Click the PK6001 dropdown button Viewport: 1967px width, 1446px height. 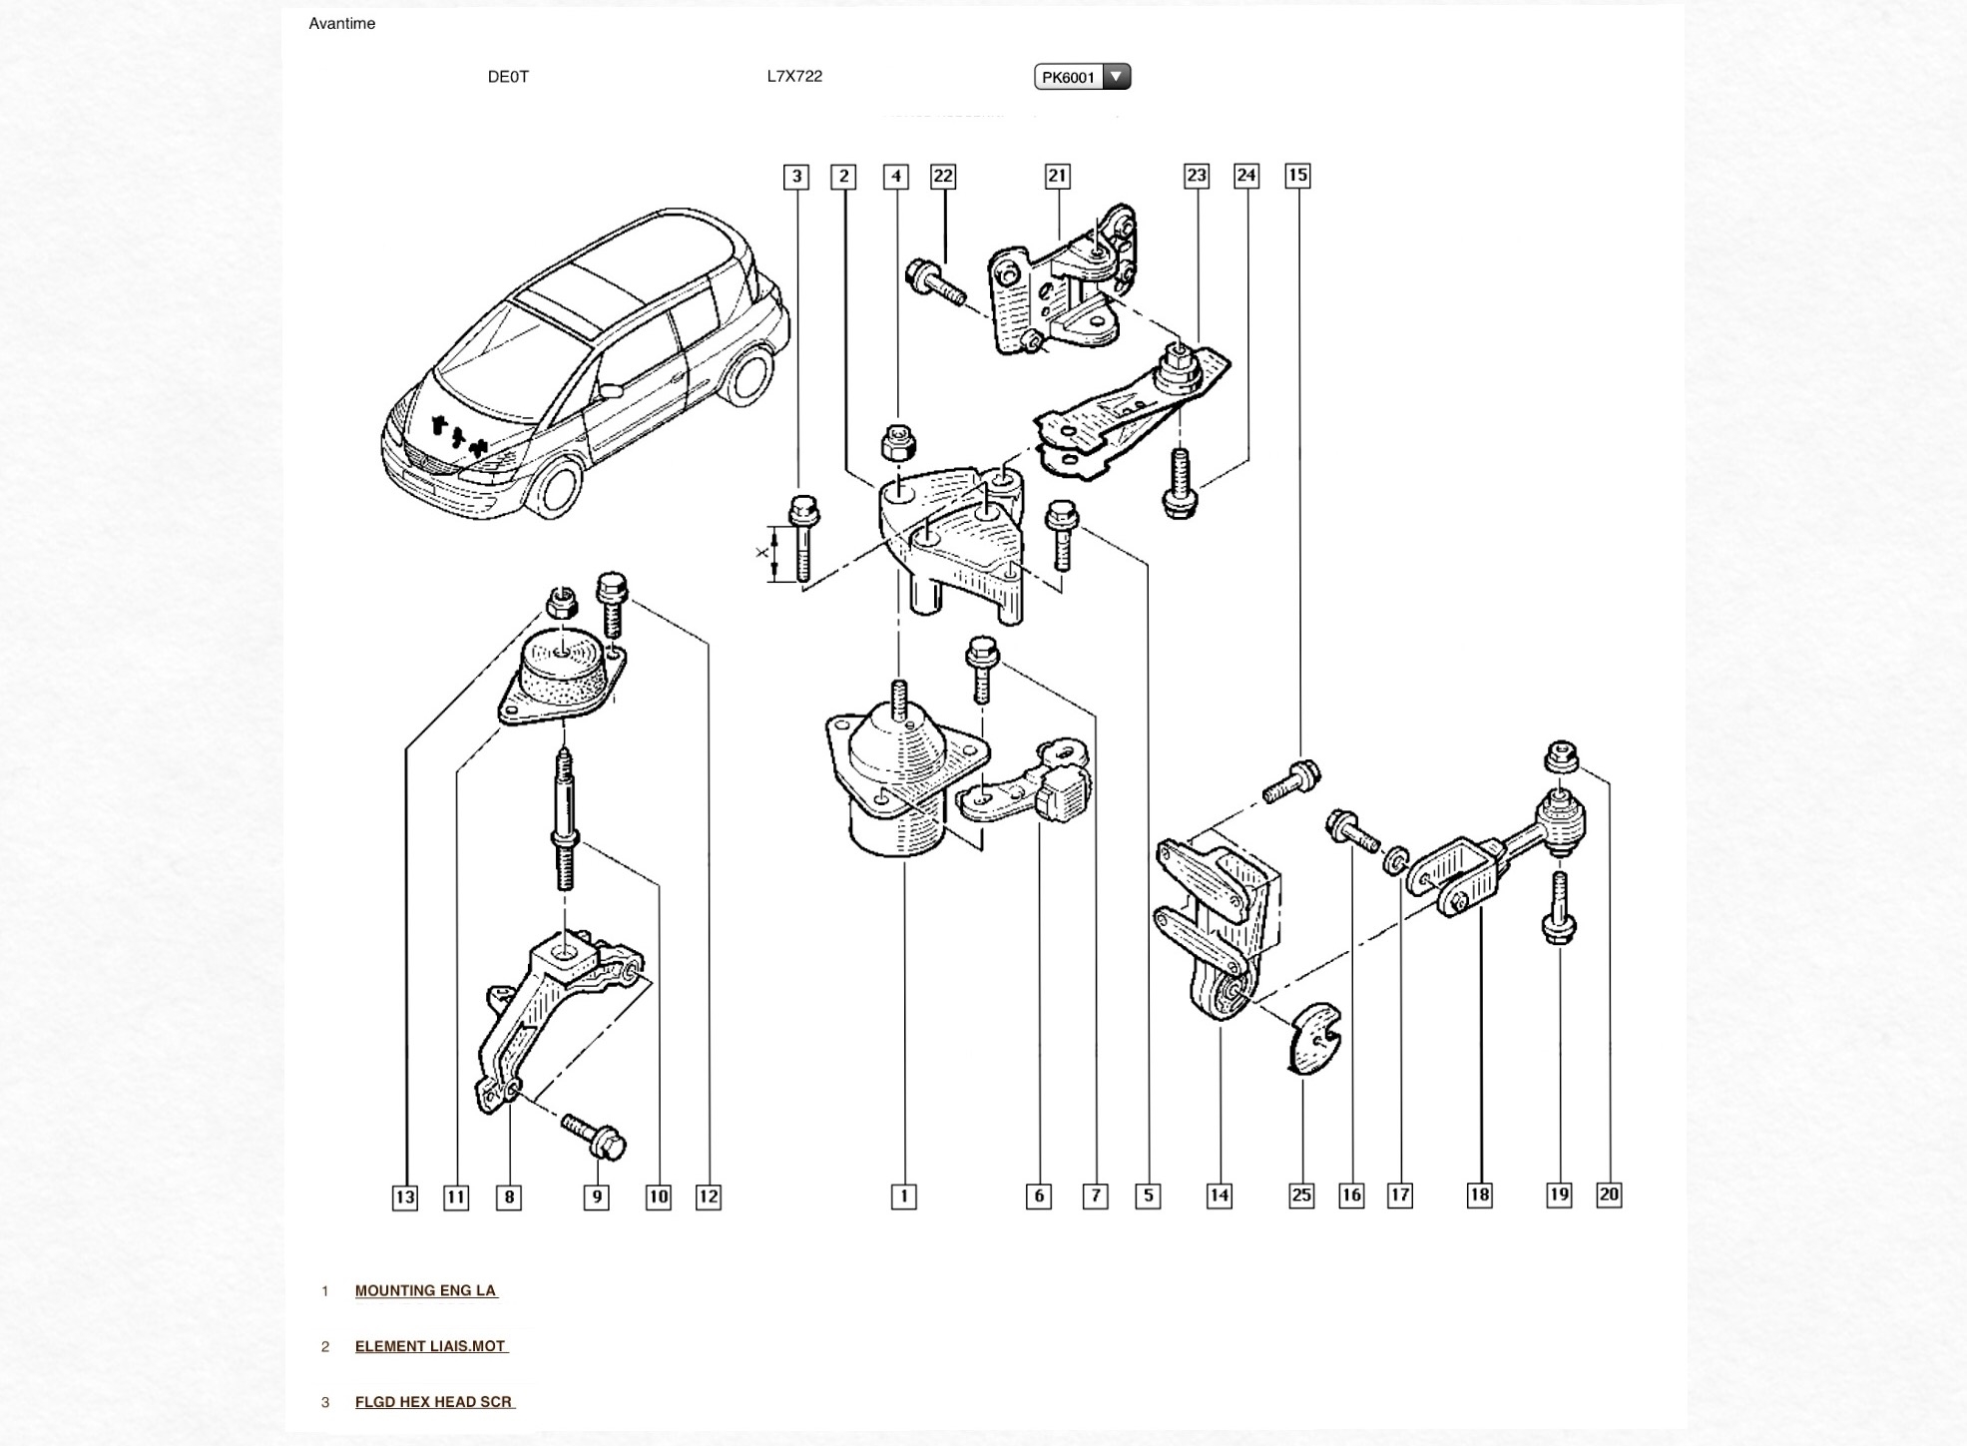tap(1082, 77)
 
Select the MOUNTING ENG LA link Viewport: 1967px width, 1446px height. tap(426, 1290)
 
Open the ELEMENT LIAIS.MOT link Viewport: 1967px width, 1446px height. tap(431, 1346)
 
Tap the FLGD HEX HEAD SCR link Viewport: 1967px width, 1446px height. tap(435, 1402)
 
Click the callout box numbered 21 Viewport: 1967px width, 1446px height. tap(1057, 177)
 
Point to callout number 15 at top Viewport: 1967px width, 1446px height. tap(1297, 176)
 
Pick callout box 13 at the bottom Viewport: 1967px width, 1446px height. tap(404, 1198)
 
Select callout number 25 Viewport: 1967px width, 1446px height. tap(1301, 1196)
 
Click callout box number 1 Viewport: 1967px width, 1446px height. tap(903, 1197)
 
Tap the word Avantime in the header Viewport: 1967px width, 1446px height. tap(342, 24)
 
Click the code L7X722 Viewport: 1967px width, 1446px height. tap(794, 76)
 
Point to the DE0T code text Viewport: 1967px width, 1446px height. tap(508, 77)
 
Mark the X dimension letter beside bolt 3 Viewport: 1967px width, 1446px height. tap(763, 552)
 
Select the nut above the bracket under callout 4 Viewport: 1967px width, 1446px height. tap(898, 442)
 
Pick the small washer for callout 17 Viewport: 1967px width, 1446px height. tap(1395, 859)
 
